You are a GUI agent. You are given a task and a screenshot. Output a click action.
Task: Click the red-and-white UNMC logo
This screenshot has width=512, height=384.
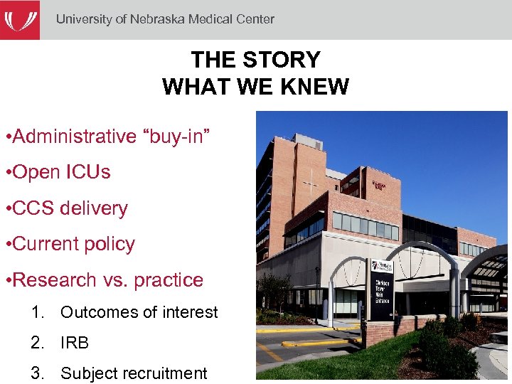click(x=19, y=19)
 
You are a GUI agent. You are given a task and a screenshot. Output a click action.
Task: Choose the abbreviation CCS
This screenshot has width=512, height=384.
click(x=33, y=208)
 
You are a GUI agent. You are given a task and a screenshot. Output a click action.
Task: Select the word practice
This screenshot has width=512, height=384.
click(x=168, y=280)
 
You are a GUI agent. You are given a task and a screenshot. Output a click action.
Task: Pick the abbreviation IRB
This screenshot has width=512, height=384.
click(x=75, y=343)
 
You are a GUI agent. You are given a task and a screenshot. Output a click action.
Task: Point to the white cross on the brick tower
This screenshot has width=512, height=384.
click(x=310, y=184)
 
